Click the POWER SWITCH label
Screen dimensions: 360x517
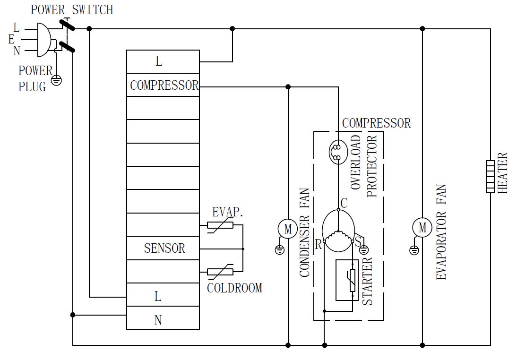coord(72,9)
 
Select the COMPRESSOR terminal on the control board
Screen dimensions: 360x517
coord(164,86)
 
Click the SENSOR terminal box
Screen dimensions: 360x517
coord(164,248)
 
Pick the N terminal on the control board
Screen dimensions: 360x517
coord(158,320)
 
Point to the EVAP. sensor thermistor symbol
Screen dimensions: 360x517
coord(220,226)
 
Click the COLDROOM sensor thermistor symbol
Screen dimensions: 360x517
coord(220,272)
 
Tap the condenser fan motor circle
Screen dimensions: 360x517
coord(288,229)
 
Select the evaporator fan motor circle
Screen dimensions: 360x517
coord(422,228)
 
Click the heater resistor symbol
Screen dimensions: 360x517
coord(490,177)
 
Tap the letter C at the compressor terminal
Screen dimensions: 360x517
coord(344,204)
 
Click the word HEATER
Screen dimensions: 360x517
coord(503,172)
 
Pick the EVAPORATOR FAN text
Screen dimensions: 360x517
coord(441,232)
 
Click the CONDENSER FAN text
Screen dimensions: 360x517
coord(305,232)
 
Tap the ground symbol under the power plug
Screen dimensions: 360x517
coord(56,80)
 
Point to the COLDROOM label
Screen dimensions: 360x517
coord(234,288)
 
